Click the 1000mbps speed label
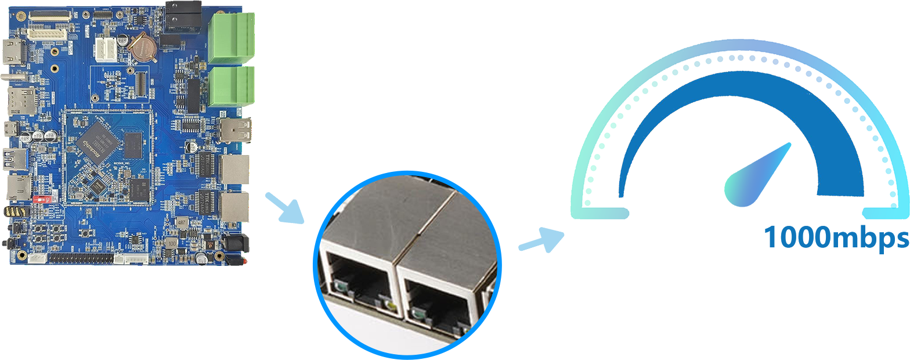[x=836, y=237]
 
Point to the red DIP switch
[x=40, y=198]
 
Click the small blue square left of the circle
[x=284, y=208]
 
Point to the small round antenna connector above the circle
[x=466, y=185]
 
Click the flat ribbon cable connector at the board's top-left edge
[x=49, y=16]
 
